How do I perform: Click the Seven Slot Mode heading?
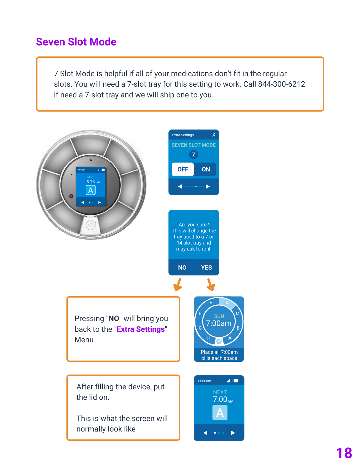tap(76, 42)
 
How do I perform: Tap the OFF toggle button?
tap(183, 169)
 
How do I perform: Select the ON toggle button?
tap(206, 169)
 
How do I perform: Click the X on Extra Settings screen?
tap(214, 135)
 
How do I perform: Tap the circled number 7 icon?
tap(193, 155)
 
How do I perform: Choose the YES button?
tap(206, 268)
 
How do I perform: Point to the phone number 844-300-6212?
tap(282, 84)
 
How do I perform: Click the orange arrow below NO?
tap(178, 285)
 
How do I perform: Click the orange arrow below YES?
tap(211, 285)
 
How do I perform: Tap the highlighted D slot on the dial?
tap(227, 303)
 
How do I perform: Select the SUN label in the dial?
tap(219, 316)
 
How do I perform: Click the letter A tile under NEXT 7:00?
tap(220, 413)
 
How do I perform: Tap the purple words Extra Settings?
tap(141, 329)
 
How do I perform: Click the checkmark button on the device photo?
tap(91, 225)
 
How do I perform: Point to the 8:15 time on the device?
tap(90, 182)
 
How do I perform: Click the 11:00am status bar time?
tap(204, 381)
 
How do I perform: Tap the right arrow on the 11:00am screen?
tap(233, 433)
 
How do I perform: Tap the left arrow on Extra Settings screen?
tap(180, 187)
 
